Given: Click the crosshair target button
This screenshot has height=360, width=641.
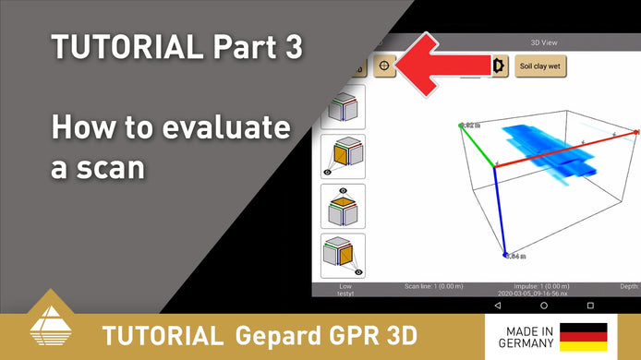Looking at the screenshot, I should (x=385, y=66).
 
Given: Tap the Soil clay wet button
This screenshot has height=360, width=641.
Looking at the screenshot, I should (x=540, y=66).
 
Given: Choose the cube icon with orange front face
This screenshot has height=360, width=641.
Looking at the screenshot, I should (x=343, y=155).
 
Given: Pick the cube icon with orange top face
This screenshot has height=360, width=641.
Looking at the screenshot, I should (x=343, y=207).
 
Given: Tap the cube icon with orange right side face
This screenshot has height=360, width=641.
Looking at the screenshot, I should (x=343, y=255).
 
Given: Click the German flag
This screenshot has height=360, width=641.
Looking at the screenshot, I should (x=583, y=336).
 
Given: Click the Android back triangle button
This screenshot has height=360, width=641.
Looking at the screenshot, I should (x=498, y=305).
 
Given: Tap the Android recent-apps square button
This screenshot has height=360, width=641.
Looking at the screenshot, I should (x=591, y=305).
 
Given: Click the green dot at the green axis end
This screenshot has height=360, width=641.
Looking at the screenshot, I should (x=461, y=125).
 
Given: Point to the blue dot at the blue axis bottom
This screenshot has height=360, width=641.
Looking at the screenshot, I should (x=505, y=255).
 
